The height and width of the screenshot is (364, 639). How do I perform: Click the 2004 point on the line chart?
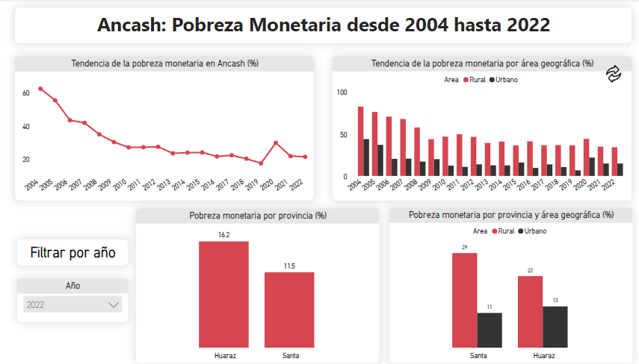(40, 89)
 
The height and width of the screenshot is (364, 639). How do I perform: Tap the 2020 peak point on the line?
(276, 142)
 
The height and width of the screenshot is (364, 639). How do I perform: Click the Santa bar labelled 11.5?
(289, 309)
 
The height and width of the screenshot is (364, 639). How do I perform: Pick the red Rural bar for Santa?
(464, 299)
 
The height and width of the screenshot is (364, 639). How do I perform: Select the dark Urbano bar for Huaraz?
(555, 326)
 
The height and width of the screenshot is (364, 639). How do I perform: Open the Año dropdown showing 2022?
(72, 304)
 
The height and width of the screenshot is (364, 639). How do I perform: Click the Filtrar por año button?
(72, 253)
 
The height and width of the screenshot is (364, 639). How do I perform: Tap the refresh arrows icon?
(614, 73)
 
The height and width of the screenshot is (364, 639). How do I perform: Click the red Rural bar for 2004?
(360, 141)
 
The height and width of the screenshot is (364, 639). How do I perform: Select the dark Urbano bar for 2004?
(366, 157)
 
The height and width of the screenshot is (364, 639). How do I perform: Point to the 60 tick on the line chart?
(25, 92)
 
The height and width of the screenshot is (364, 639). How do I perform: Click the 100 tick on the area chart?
(342, 92)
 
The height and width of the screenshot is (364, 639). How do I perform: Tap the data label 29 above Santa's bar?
(464, 247)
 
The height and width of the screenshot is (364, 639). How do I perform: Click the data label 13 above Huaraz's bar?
(555, 300)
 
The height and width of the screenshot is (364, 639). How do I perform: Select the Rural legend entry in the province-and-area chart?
(502, 231)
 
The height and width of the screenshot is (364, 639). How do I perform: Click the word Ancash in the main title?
(132, 25)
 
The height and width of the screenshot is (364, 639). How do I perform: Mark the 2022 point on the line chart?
(305, 157)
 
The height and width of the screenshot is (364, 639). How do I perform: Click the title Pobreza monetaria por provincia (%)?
(257, 216)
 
